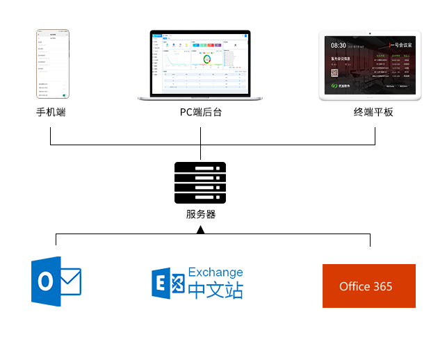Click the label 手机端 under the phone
[x=51, y=112]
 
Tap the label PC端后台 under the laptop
[x=200, y=112]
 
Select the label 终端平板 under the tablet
[x=373, y=112]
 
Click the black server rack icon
[x=200, y=181]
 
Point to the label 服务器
[x=200, y=214]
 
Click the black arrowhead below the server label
[x=200, y=229]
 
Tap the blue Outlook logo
[x=56, y=281]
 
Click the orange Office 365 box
[x=368, y=286]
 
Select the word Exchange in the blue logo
[x=216, y=272]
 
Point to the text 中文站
[x=216, y=290]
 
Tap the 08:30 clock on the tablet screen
[x=338, y=46]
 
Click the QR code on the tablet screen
[x=334, y=72]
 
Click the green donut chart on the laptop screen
[x=208, y=61]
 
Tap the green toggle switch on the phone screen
[x=64, y=92]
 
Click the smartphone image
[x=53, y=65]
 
